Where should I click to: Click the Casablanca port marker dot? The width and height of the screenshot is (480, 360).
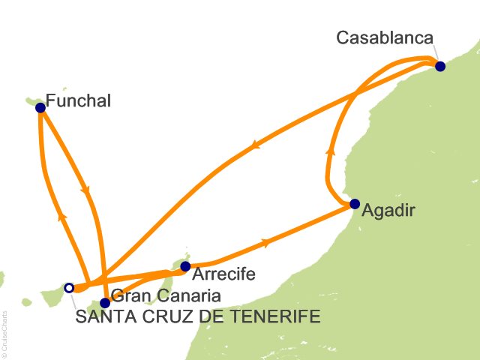[440, 66]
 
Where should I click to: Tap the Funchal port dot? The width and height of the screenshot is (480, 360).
[40, 107]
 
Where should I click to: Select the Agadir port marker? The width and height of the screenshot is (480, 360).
[355, 203]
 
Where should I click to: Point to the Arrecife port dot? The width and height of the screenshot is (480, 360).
[185, 265]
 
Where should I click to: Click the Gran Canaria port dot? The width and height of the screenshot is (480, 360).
[105, 303]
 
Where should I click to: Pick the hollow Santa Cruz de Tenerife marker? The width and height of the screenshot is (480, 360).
[69, 287]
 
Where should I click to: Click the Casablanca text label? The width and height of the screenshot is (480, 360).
[385, 37]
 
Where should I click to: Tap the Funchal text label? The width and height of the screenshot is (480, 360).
[78, 100]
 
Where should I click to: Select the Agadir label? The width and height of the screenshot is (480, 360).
[387, 211]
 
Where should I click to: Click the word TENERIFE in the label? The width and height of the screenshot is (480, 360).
[280, 317]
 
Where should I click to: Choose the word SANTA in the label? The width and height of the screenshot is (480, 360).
[101, 317]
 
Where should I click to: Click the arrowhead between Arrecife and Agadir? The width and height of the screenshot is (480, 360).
[266, 241]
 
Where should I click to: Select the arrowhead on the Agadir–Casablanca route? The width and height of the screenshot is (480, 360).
[328, 151]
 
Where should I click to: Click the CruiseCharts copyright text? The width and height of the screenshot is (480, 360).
[5, 331]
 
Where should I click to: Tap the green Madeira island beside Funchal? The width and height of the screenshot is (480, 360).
[31, 100]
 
